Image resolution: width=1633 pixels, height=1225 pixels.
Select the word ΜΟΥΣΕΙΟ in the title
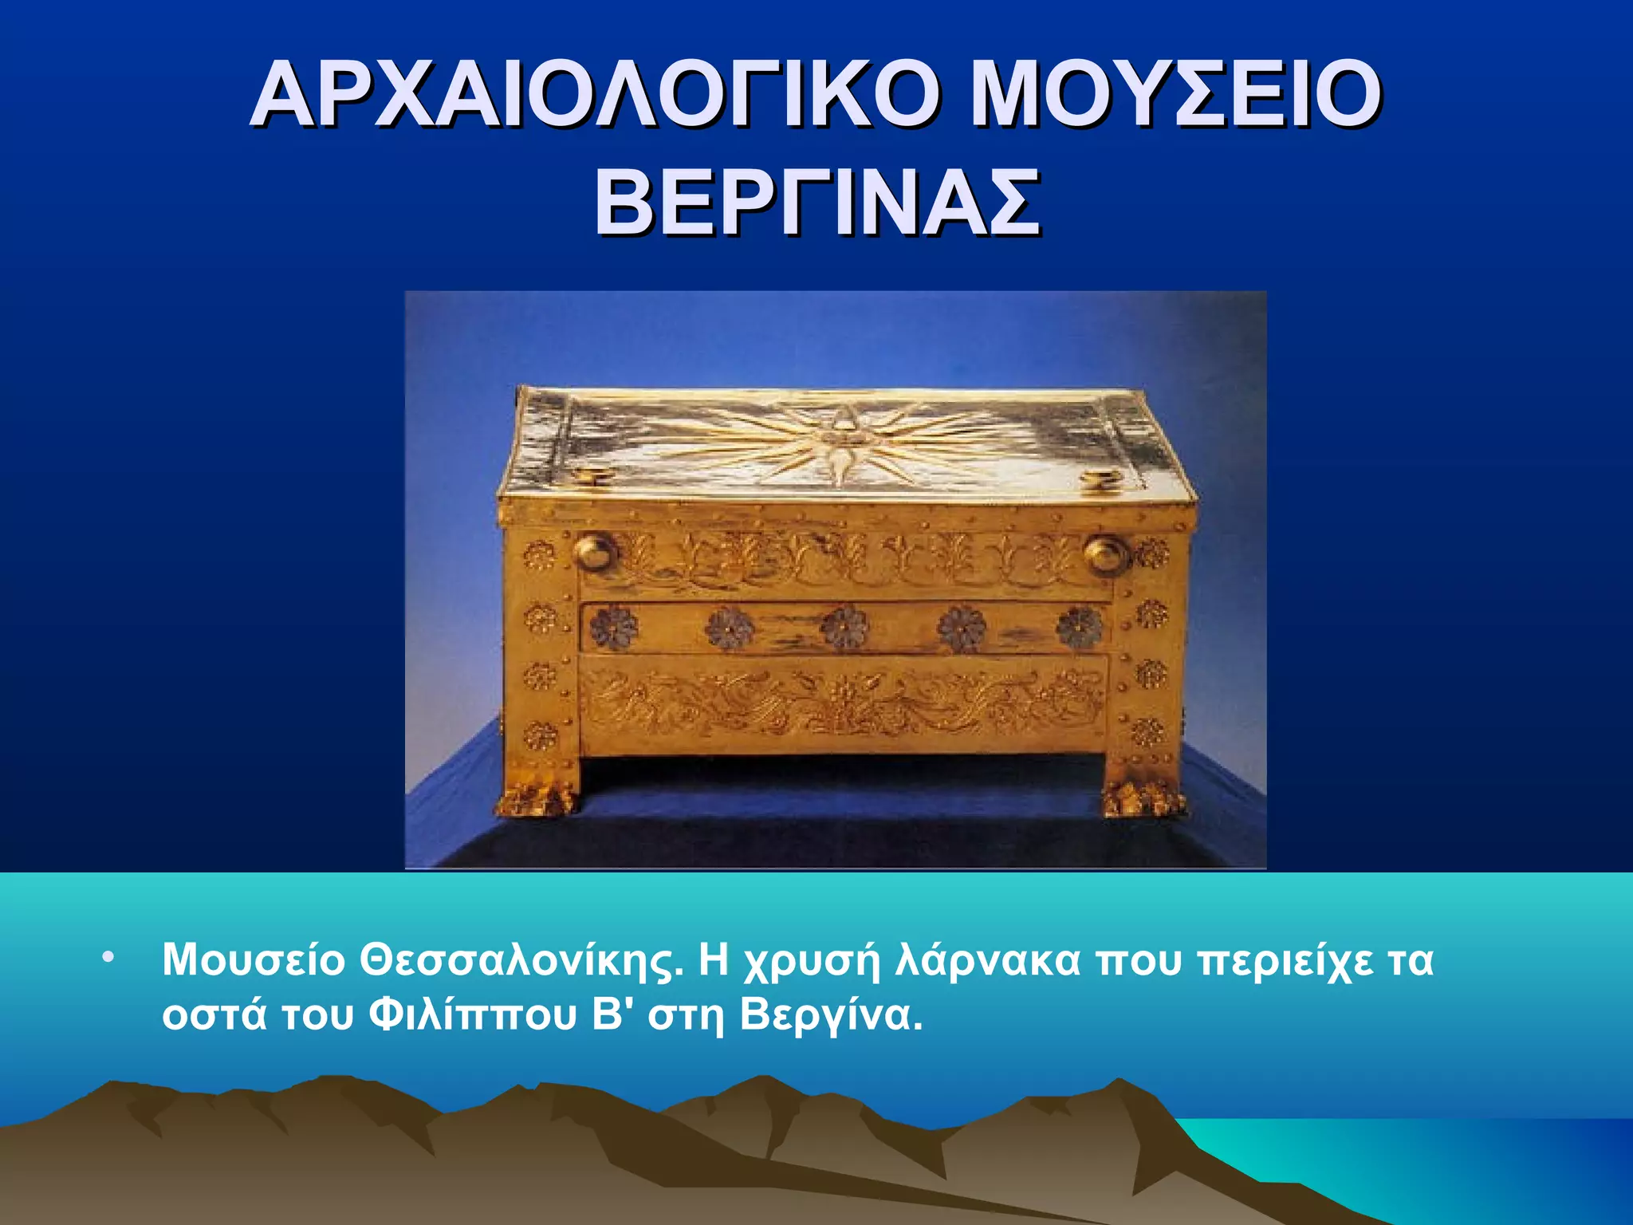pos(1175,94)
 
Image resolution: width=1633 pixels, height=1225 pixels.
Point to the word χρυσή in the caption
pos(810,962)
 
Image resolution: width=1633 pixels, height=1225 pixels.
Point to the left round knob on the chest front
pos(595,551)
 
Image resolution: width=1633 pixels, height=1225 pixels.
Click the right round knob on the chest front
pos(1106,553)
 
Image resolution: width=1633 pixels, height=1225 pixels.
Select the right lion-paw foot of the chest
pos(1143,798)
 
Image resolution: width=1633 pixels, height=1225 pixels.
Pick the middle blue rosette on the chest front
pos(845,626)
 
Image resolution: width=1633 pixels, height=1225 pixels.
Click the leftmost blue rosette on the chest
pos(612,626)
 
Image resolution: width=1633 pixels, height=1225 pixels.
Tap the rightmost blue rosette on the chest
pos(1079,628)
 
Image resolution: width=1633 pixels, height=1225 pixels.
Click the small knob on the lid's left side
pos(592,477)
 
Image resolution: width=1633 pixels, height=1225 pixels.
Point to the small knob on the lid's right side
pos(1101,480)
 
